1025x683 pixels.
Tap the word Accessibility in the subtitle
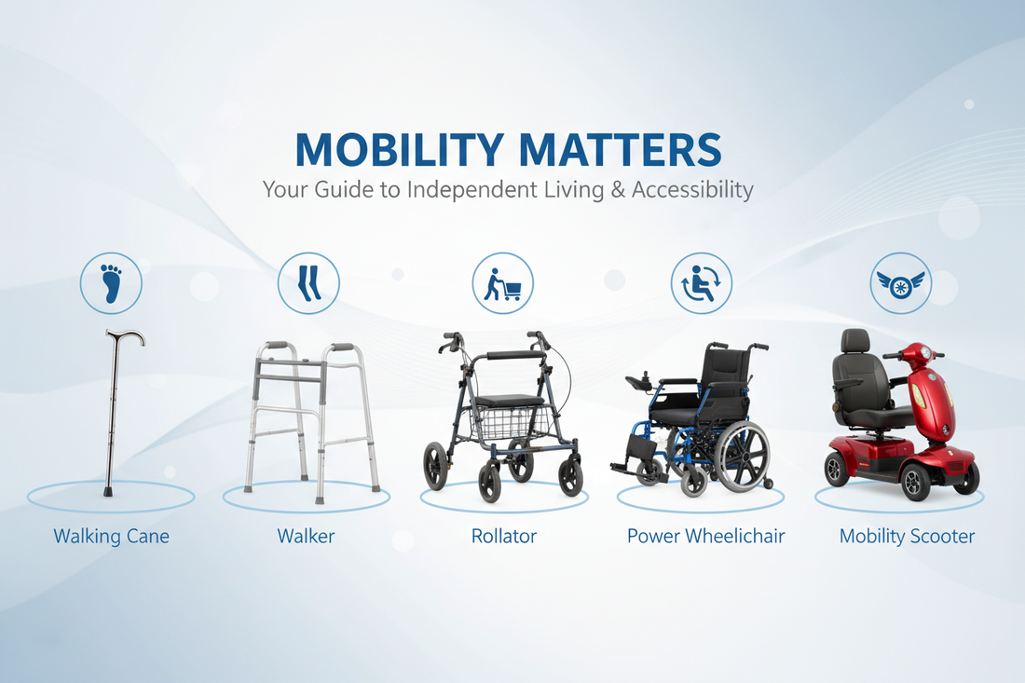(x=692, y=191)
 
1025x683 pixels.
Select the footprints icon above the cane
(x=111, y=282)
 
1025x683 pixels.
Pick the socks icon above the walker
(x=308, y=282)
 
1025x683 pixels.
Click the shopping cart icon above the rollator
(x=503, y=283)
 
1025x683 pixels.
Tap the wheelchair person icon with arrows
(x=702, y=283)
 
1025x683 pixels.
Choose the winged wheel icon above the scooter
(x=900, y=283)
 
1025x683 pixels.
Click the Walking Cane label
(x=111, y=537)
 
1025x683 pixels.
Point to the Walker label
(x=306, y=537)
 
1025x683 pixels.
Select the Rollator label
(x=503, y=537)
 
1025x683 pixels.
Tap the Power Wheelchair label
(x=705, y=537)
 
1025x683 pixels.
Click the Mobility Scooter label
(x=907, y=537)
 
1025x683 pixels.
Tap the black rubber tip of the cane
(x=108, y=490)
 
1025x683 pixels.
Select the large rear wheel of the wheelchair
(x=742, y=456)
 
